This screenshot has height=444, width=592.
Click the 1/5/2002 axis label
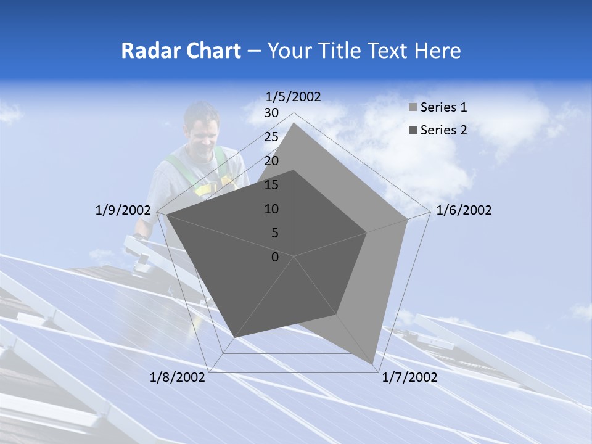click(x=294, y=97)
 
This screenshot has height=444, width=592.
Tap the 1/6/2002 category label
click(x=464, y=210)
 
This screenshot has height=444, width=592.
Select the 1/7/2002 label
click(x=409, y=377)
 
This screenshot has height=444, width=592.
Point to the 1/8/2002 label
click(x=178, y=377)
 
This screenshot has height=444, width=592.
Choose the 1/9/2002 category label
click(x=123, y=210)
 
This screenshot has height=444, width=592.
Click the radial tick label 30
click(x=271, y=113)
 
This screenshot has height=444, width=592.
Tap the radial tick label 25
click(x=271, y=137)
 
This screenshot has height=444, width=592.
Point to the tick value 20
click(x=271, y=161)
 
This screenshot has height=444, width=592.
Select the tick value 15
click(x=271, y=185)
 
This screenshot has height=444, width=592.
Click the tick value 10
click(x=271, y=209)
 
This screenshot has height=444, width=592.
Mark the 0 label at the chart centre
click(x=275, y=257)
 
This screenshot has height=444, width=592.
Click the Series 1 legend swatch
click(x=413, y=108)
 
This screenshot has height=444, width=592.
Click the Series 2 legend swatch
click(x=413, y=130)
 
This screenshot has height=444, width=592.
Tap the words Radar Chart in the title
click(x=181, y=51)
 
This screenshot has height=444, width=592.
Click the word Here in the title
click(x=437, y=51)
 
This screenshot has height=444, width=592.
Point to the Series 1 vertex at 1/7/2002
click(x=372, y=363)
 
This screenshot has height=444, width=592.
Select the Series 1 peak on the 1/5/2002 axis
click(x=294, y=123)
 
